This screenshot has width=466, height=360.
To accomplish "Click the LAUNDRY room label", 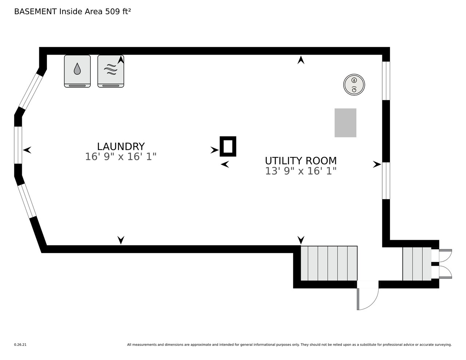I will (x=121, y=146).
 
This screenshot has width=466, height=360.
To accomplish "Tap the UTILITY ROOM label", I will (x=301, y=161).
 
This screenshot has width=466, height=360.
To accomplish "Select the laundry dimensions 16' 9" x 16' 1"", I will (x=121, y=157).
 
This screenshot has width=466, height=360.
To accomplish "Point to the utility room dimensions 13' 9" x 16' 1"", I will (x=301, y=171).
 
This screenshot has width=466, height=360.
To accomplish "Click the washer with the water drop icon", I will (x=77, y=71).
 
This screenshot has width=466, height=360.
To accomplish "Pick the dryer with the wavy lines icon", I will (x=111, y=71).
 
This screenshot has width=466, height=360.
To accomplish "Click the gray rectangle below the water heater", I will (x=345, y=123).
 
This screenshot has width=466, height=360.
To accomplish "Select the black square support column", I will (x=228, y=146).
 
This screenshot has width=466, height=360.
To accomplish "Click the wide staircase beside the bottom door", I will (x=329, y=263).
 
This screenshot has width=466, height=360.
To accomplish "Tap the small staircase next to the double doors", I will (x=417, y=264).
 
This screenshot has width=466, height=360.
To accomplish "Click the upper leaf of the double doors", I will (x=445, y=255).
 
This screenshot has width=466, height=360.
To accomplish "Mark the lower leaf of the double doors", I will (x=445, y=272).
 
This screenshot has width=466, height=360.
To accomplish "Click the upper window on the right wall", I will (x=386, y=80).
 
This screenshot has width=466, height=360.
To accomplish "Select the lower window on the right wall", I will (x=386, y=181).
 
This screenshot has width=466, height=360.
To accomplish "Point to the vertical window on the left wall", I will (x=18, y=145).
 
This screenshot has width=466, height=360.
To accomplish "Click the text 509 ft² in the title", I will (x=118, y=11).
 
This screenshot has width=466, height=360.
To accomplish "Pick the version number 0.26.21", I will (x=20, y=344).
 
